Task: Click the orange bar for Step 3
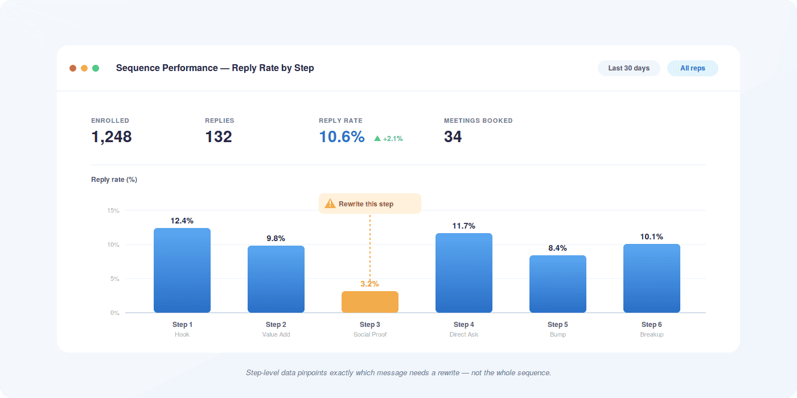[369, 302]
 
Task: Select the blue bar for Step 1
[182, 271]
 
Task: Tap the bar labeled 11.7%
[463, 273]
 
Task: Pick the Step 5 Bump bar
[557, 284]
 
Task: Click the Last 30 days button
[628, 68]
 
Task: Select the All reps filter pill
[692, 68]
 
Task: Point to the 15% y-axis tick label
[113, 210]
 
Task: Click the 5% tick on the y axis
[114, 279]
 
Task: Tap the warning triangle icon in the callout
[330, 204]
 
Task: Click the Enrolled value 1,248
[112, 137]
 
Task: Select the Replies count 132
[219, 137]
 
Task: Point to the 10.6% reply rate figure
[342, 137]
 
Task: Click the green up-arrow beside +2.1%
[377, 138]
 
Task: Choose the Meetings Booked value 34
[453, 137]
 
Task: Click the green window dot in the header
[96, 68]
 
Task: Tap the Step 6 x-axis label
[651, 325]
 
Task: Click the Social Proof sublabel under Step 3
[369, 334]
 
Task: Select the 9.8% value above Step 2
[276, 238]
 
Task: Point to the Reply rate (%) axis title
[114, 180]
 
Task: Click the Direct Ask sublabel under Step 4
[463, 334]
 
